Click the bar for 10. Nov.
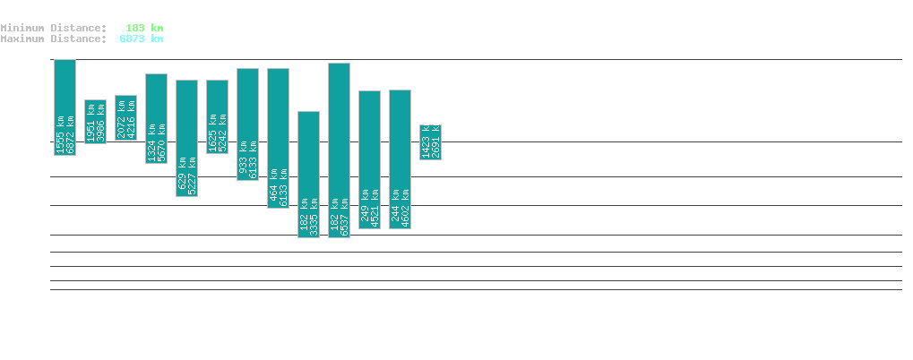pos(65,107)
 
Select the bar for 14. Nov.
pos(186,138)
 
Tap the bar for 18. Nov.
pos(308,175)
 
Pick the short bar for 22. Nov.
pos(430,141)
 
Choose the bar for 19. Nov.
pos(339,150)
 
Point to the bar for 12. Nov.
pos(125,117)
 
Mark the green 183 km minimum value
pos(143,28)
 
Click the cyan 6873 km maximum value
pos(141,39)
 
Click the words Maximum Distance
pos(53,39)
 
